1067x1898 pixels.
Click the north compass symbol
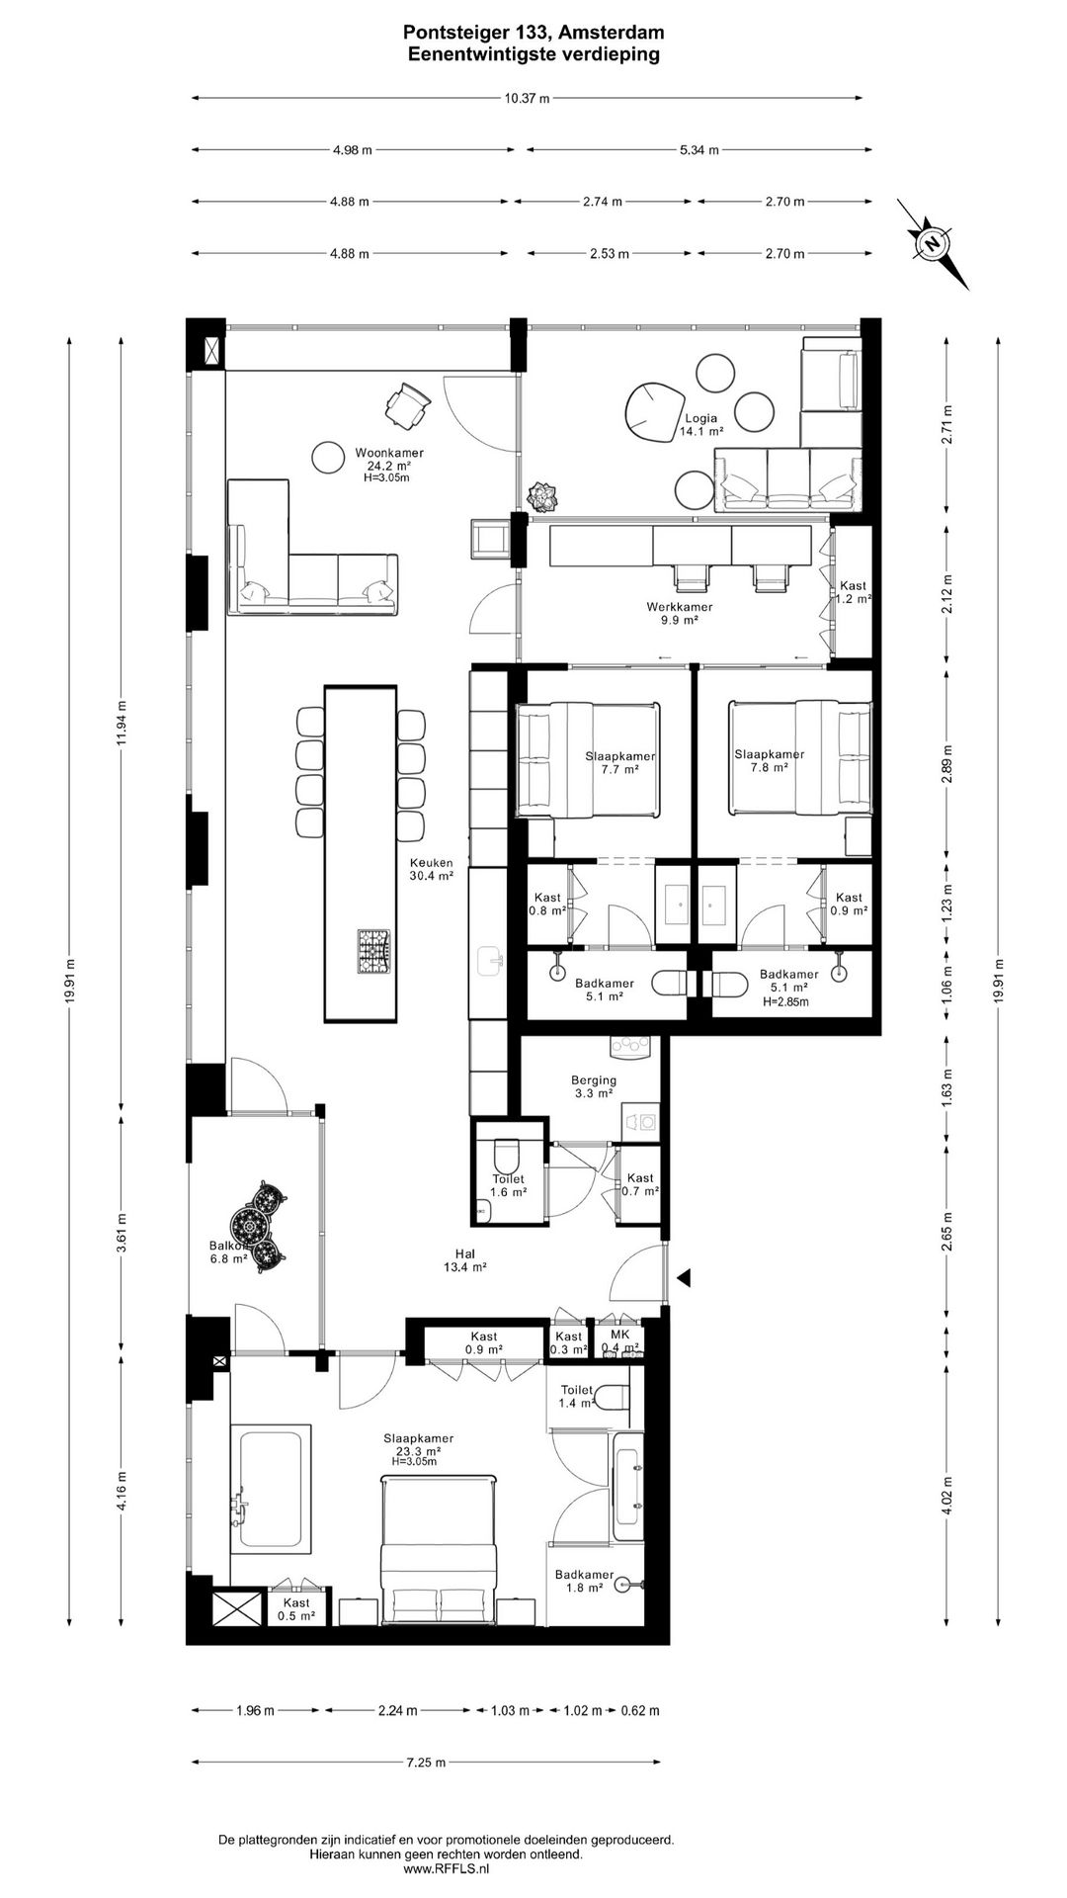(933, 243)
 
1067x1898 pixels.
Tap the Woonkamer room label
(383, 454)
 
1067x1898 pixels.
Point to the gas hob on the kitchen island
(373, 951)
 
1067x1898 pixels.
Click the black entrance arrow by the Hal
(684, 1278)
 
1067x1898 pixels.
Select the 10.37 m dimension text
(527, 98)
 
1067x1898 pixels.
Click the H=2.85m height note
(786, 1001)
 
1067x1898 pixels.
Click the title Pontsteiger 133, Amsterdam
(533, 36)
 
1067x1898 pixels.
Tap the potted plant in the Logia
(543, 497)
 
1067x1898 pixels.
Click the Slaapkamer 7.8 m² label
(770, 760)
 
